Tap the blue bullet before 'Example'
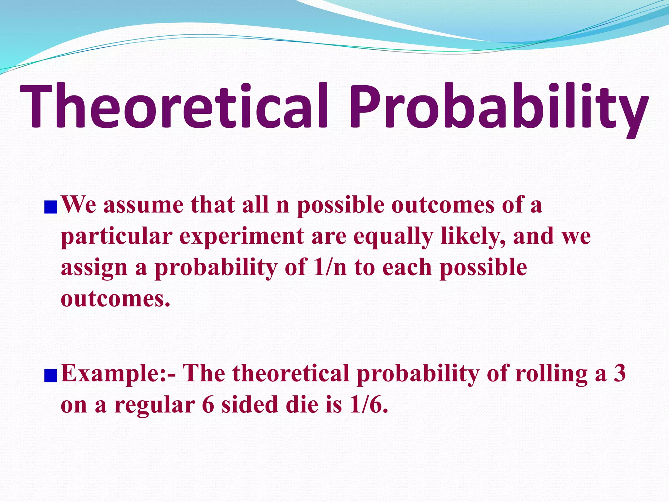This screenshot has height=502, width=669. [51, 375]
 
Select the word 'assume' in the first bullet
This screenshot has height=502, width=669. [143, 205]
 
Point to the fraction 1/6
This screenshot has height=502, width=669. [369, 405]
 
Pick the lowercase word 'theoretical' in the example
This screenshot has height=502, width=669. [291, 373]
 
